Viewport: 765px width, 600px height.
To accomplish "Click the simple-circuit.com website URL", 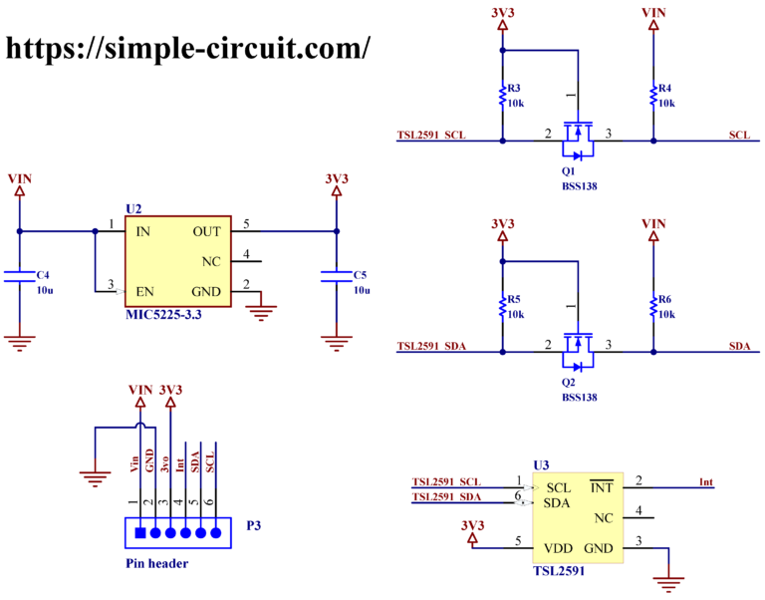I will coord(189,47).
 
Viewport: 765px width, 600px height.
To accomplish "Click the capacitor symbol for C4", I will coord(19,275).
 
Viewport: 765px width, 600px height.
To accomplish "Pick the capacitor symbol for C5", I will coord(337,275).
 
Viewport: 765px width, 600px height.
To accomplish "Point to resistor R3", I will coord(503,97).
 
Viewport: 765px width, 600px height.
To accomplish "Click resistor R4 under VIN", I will coord(653,97).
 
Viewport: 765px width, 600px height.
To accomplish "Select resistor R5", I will coord(503,307).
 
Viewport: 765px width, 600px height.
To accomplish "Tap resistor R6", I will coord(653,307).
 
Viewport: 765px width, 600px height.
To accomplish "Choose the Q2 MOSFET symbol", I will coord(577,348).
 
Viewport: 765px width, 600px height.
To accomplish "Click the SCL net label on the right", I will coord(739,135).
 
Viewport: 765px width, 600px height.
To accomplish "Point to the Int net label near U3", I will coord(706,482).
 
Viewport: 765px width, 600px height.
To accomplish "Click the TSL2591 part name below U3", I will coord(559,571).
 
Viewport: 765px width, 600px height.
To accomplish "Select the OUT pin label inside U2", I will coord(207,231).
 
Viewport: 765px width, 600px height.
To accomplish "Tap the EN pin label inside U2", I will coord(144,291).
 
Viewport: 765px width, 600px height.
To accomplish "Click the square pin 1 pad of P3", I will coord(139,532).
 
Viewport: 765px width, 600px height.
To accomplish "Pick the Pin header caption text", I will coord(156,563).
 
